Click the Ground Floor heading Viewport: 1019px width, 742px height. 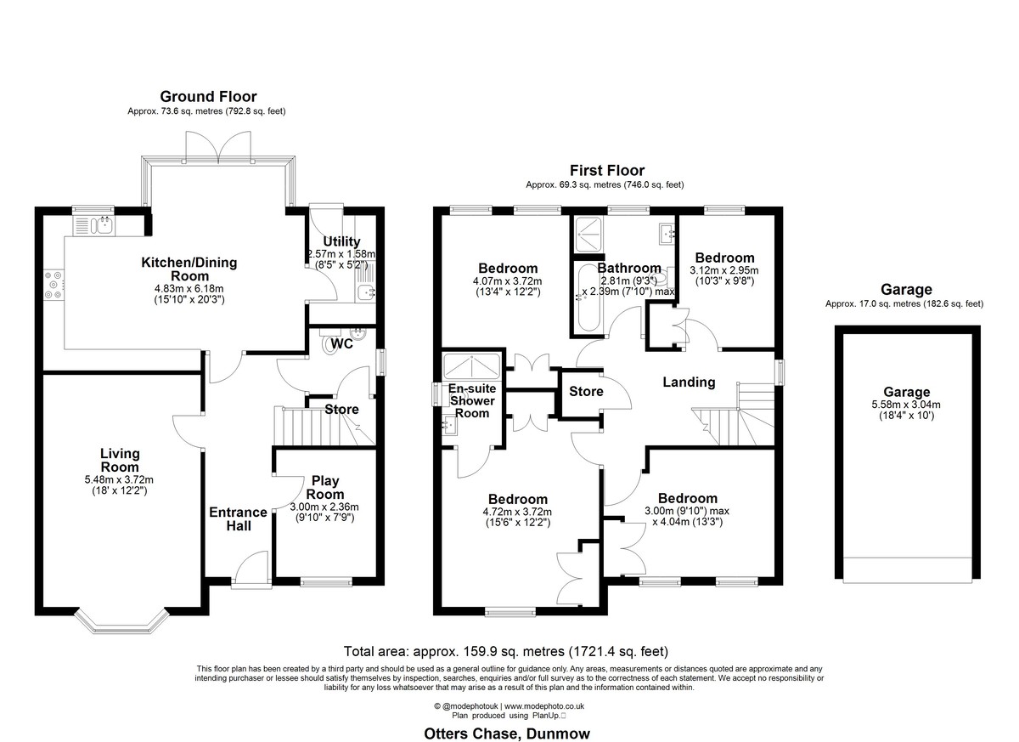pos(208,97)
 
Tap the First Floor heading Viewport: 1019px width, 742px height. pos(607,170)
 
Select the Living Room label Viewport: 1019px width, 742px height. pos(120,460)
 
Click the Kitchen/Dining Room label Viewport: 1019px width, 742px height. pos(189,269)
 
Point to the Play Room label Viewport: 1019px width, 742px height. pos(324,488)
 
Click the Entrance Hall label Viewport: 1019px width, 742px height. pos(238,519)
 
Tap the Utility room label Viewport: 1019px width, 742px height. pos(341,241)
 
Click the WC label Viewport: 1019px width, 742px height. pos(341,343)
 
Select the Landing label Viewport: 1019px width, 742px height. pos(689,382)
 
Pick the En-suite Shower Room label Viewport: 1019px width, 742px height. pos(472,401)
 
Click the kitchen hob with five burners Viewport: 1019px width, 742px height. pos(53,285)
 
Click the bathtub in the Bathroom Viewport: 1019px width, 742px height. pos(588,297)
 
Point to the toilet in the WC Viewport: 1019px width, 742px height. pos(329,341)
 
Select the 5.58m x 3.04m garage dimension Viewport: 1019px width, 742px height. pos(906,405)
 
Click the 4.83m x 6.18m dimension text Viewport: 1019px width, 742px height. pos(189,289)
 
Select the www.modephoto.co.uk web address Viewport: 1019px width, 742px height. pos(544,706)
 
